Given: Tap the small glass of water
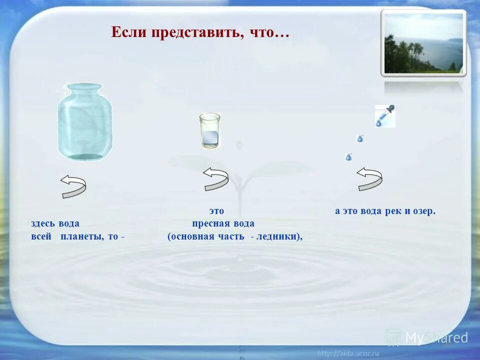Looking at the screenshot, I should (209, 131).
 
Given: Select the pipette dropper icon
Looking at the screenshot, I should (385, 116).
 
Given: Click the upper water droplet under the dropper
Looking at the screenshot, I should (360, 138).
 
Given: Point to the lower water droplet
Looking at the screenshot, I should (348, 157).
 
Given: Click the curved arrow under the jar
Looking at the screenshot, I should (73, 186).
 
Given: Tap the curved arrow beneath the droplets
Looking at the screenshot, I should (369, 178).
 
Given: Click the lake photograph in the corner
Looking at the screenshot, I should (423, 43).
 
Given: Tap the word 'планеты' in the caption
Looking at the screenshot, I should (82, 236).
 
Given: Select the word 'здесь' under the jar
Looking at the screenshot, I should (43, 223).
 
